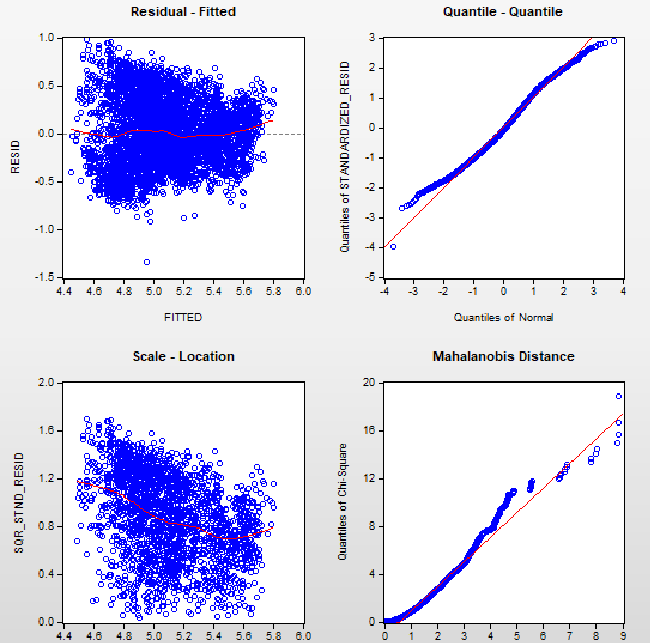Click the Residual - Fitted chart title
pyautogui.click(x=183, y=11)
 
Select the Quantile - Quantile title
pyautogui.click(x=502, y=11)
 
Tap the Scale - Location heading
pyautogui.click(x=183, y=357)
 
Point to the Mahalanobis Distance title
pyautogui.click(x=503, y=357)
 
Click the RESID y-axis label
pyautogui.click(x=15, y=157)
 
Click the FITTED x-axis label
pyautogui.click(x=183, y=318)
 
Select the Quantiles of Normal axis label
pyautogui.click(x=503, y=318)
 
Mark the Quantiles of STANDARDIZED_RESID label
pyautogui.click(x=345, y=157)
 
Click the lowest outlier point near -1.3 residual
pyautogui.click(x=147, y=262)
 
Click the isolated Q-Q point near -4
pyautogui.click(x=393, y=247)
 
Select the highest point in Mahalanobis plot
pyautogui.click(x=619, y=396)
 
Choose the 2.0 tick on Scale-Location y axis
pyautogui.click(x=47, y=383)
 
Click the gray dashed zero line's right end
pyautogui.click(x=302, y=134)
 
